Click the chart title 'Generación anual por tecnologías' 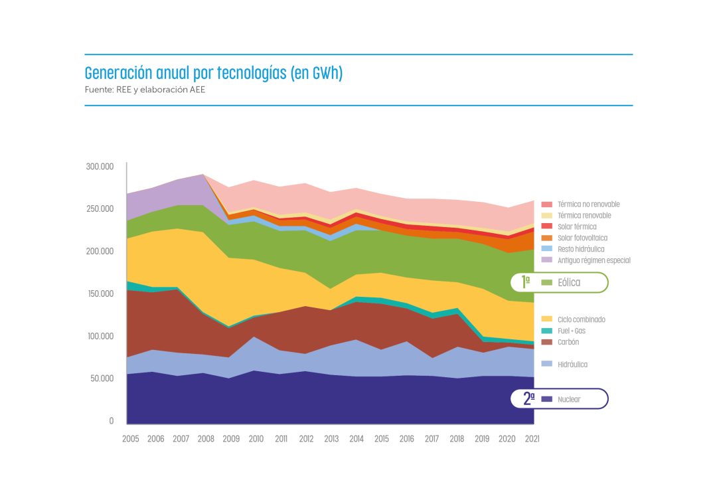click(x=214, y=73)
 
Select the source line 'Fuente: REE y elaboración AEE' click(x=145, y=90)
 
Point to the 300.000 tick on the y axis click(x=100, y=166)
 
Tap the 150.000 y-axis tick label click(x=100, y=293)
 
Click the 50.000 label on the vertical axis click(x=102, y=378)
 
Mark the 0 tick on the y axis click(x=112, y=421)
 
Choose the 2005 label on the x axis click(x=131, y=439)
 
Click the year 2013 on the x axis click(x=332, y=439)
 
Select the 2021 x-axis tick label click(x=531, y=439)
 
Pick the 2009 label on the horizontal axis click(x=232, y=439)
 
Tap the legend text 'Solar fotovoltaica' click(x=582, y=238)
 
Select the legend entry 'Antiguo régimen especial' click(x=594, y=260)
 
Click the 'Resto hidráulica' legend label click(x=580, y=249)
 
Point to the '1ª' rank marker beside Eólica click(x=526, y=282)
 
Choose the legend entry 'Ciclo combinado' click(x=581, y=319)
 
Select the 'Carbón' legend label click(x=569, y=342)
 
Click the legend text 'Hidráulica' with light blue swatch click(x=572, y=365)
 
